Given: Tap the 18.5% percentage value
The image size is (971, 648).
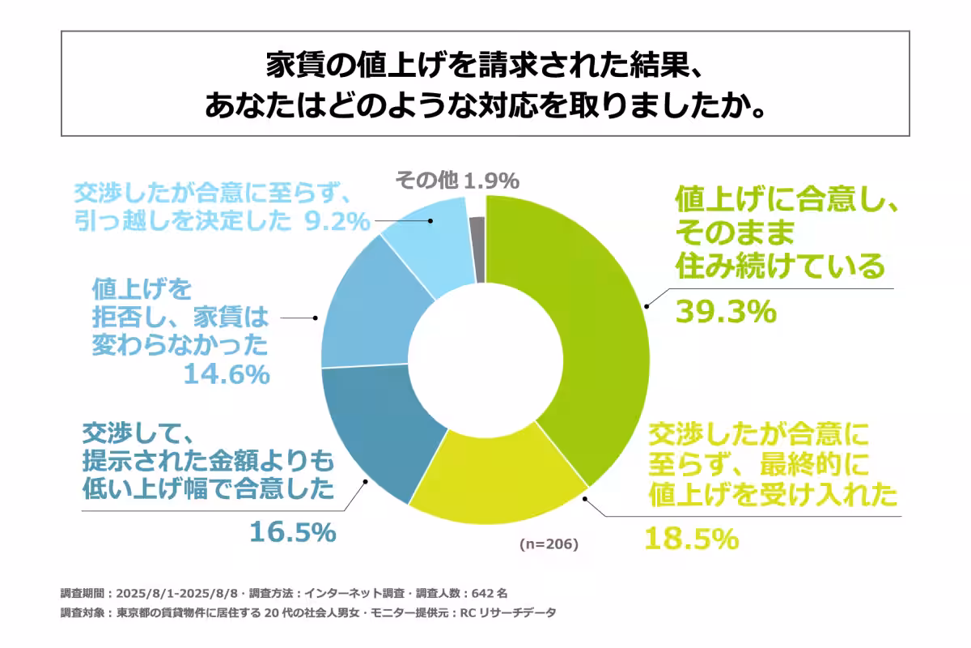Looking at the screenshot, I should click(x=691, y=538).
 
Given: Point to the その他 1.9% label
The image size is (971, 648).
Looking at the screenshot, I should click(x=457, y=181).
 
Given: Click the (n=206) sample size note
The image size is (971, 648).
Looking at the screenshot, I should click(x=549, y=544).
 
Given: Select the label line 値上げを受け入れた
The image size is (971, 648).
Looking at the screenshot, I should click(x=772, y=493).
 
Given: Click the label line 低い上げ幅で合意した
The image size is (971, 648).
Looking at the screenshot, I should click(x=208, y=488).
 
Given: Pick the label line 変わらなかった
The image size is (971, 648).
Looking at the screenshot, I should click(x=180, y=346).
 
